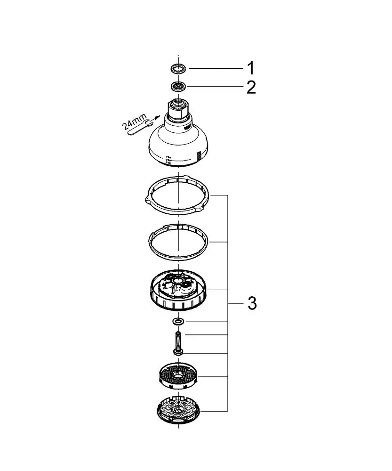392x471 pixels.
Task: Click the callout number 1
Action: [x=251, y=68]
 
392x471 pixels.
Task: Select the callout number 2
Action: [x=251, y=87]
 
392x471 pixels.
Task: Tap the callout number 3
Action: [x=252, y=303]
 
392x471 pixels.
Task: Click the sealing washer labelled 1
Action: [x=178, y=68]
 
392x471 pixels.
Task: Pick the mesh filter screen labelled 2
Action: [x=178, y=87]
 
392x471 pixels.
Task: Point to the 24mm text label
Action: [x=134, y=122]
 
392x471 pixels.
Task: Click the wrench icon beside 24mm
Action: [x=139, y=128]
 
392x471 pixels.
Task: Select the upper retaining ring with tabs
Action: [x=177, y=196]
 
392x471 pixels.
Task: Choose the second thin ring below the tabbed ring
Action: [x=178, y=241]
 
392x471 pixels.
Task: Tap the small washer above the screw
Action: [x=178, y=322]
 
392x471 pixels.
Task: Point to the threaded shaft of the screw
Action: [x=178, y=340]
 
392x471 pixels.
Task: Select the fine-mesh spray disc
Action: [x=178, y=376]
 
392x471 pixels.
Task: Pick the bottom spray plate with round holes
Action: [x=178, y=411]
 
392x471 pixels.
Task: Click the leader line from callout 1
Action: [x=216, y=68]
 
